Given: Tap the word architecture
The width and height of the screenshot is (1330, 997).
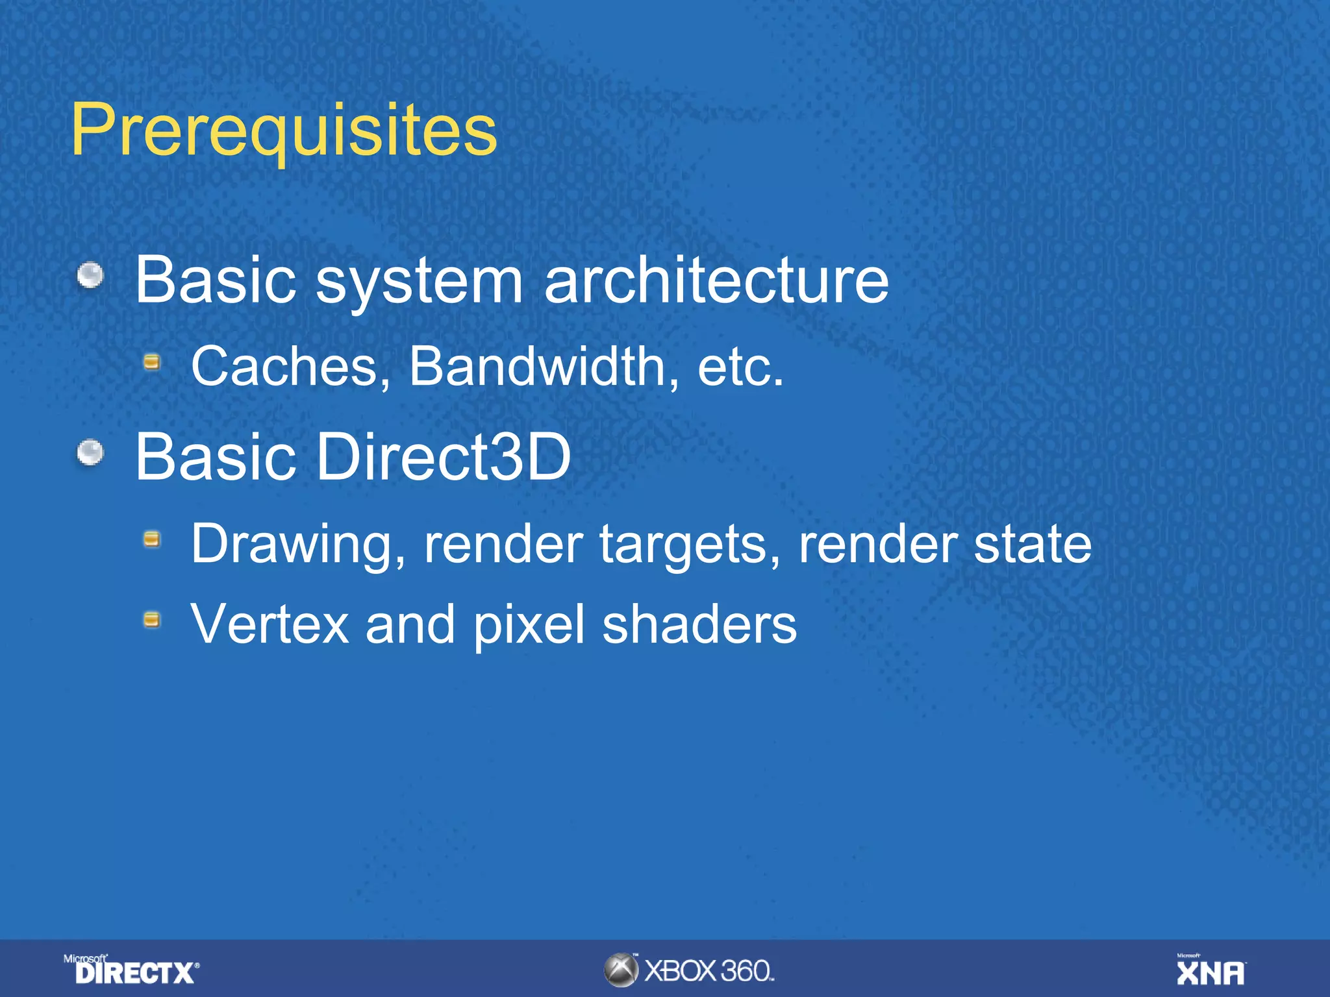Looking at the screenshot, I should [716, 280].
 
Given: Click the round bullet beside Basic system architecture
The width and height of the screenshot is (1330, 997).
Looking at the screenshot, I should [91, 275].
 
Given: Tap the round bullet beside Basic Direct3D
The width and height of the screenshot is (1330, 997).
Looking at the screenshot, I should [91, 452].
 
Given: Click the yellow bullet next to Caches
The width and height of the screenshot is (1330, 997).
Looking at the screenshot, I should [152, 362].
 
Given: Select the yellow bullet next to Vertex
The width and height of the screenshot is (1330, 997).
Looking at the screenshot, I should [152, 620].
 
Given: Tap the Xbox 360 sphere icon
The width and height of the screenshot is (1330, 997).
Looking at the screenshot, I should [621, 970].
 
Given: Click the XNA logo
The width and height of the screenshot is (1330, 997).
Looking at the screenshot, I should [1211, 970].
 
